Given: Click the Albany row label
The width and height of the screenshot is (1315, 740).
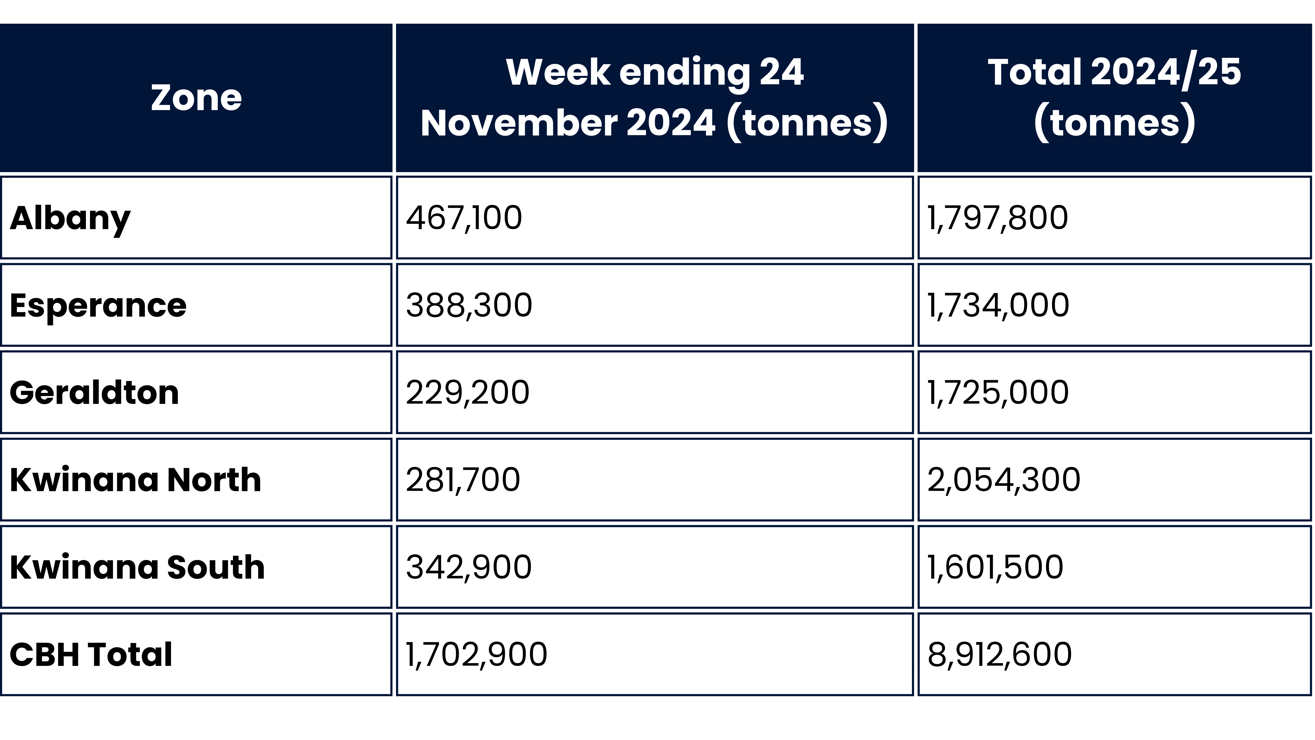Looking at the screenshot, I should tap(70, 218).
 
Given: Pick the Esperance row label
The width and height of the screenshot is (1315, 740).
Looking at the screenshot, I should tap(98, 305).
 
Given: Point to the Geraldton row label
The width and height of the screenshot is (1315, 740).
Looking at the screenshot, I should tap(94, 393).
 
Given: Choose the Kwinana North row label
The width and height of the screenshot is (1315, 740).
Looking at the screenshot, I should tap(135, 480).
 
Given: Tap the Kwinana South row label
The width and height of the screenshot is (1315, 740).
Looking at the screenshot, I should tap(137, 567).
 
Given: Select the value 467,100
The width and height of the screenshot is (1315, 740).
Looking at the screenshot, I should tap(464, 218).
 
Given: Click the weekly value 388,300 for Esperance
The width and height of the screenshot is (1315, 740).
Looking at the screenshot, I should tap(469, 305).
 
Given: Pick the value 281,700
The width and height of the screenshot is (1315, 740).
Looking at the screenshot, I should tap(462, 480).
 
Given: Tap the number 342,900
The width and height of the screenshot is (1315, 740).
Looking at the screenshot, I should tap(469, 567).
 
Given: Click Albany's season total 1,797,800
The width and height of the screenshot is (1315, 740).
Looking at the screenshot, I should tap(997, 218).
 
